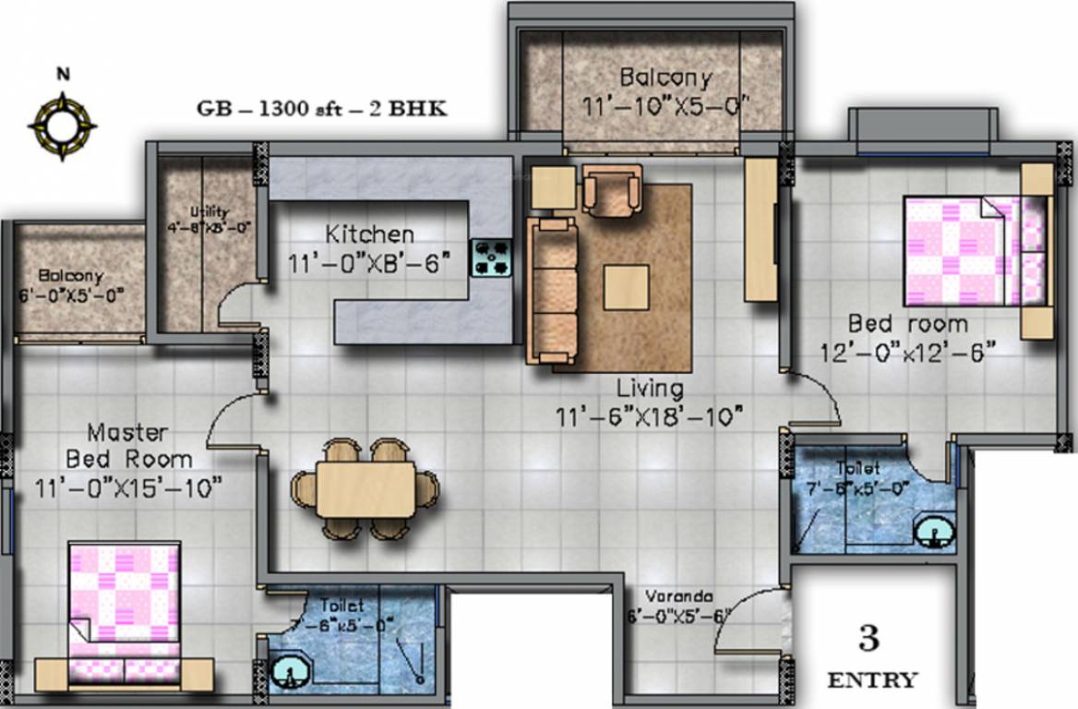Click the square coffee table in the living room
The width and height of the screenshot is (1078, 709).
tap(626, 287)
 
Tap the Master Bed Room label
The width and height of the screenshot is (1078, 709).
tap(127, 445)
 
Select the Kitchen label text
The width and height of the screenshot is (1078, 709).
tap(369, 234)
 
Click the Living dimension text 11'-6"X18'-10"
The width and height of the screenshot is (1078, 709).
tap(651, 417)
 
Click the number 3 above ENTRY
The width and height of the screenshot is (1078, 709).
tap(868, 639)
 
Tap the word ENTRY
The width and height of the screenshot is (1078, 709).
tap(872, 681)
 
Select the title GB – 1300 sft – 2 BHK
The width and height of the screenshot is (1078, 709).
tap(322, 108)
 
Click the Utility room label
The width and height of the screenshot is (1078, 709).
tap(209, 211)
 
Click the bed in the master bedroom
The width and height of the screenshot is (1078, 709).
tap(124, 609)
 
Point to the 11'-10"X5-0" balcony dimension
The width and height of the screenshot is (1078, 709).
tap(664, 106)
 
